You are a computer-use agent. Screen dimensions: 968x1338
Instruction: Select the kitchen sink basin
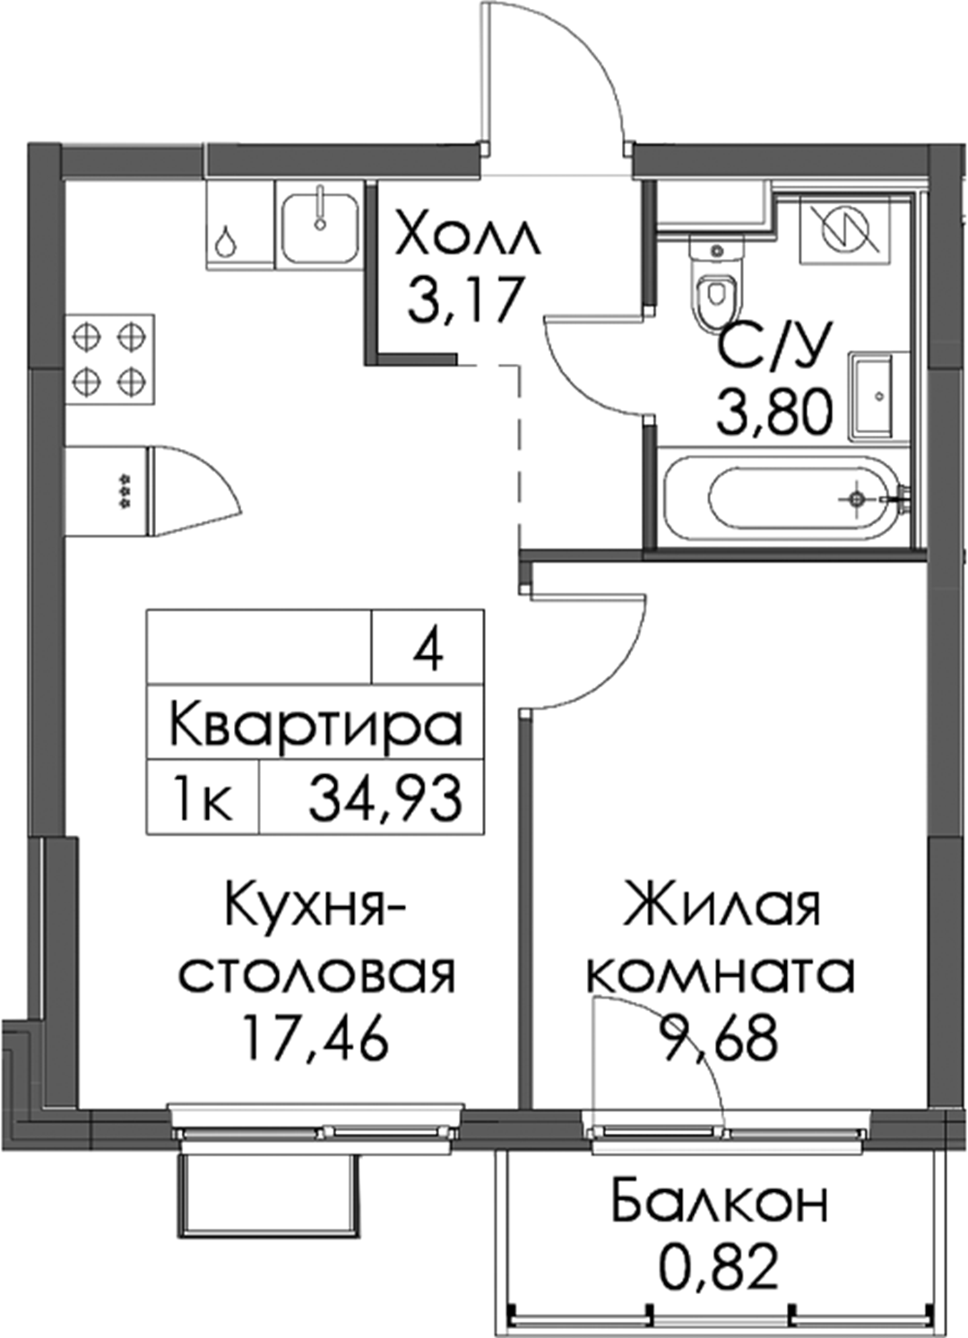coord(320,223)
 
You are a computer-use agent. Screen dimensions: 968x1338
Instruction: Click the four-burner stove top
coord(110,359)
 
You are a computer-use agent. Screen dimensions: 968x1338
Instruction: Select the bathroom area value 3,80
coord(775,412)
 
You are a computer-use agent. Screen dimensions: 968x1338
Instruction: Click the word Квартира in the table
coord(315,724)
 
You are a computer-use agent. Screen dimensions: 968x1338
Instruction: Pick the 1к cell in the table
coord(201,798)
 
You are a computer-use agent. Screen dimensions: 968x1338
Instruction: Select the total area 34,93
coord(385,798)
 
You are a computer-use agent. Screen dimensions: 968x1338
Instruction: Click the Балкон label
coord(721,1201)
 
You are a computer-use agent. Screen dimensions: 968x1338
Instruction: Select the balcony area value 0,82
coord(719,1266)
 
